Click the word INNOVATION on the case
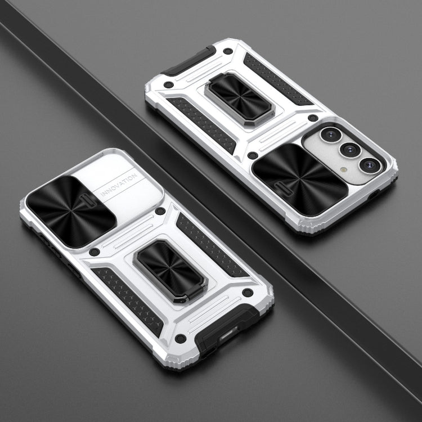[x=119, y=185]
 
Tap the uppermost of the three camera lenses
[x=331, y=134]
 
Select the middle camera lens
[x=350, y=149]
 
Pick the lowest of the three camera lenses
[x=370, y=165]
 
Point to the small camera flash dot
[x=343, y=170]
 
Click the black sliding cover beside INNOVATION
[x=71, y=211]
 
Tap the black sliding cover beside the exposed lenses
[x=299, y=179]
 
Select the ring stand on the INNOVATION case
[x=170, y=271]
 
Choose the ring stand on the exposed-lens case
[x=240, y=99]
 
